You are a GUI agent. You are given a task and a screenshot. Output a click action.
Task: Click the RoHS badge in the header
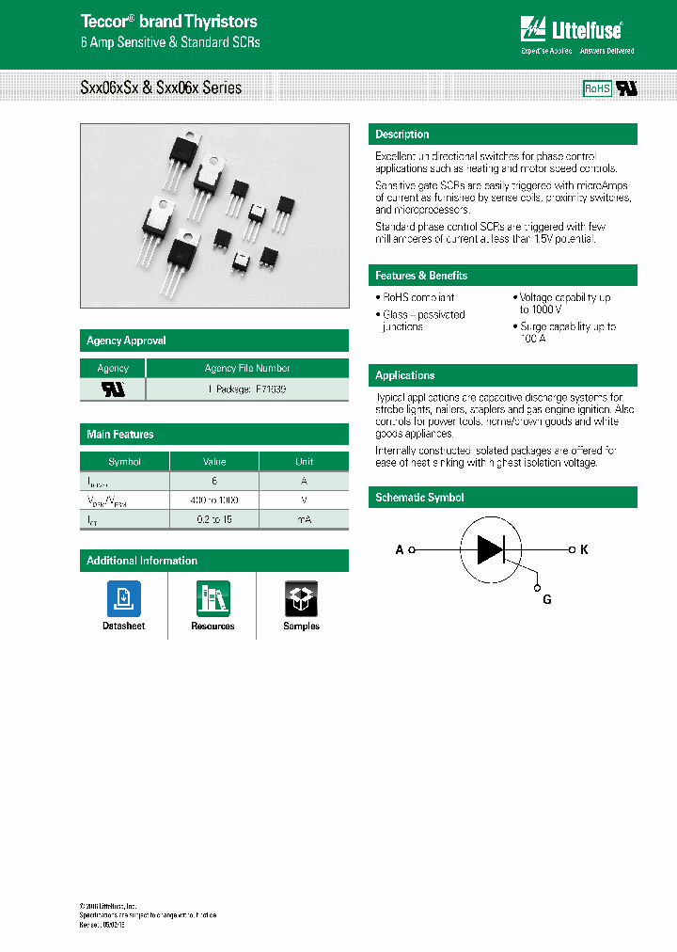[x=597, y=88]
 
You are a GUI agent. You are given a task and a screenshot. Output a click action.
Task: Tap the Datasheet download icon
[x=123, y=598]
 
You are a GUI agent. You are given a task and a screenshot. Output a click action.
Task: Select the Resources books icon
[x=213, y=598]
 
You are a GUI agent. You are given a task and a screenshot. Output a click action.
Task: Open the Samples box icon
[x=301, y=598]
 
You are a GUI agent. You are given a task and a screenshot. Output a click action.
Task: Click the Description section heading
[x=402, y=135]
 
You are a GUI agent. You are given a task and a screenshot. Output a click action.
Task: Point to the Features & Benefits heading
[x=421, y=276]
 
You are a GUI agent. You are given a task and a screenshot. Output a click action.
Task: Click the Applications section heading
[x=405, y=375]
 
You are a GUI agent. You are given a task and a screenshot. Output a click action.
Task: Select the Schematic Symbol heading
[x=419, y=498]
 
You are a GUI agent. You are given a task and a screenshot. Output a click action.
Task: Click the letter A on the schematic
[x=400, y=549]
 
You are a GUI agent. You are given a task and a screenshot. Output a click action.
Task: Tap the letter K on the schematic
[x=583, y=549]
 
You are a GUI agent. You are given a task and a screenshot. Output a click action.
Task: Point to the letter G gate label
[x=547, y=600]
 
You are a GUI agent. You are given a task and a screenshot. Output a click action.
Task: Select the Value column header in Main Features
[x=213, y=462]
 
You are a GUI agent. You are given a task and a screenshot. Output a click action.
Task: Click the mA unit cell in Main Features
[x=304, y=519]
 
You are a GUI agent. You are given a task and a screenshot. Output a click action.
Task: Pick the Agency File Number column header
[x=247, y=369]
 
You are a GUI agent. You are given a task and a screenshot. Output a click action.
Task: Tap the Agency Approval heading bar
[x=126, y=341]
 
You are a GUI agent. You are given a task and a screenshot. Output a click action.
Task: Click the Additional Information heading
[x=142, y=561]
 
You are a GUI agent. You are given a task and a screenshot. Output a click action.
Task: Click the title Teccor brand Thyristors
[x=168, y=22]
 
